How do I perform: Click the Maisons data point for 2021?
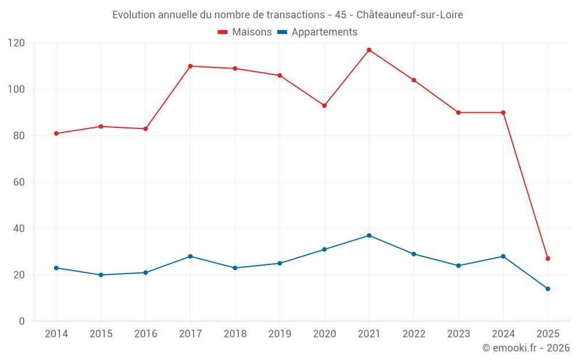(x=369, y=50)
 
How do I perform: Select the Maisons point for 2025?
(x=548, y=259)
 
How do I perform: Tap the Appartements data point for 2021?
(x=369, y=236)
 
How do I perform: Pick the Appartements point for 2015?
(x=101, y=275)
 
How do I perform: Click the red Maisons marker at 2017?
(x=190, y=66)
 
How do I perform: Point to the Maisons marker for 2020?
(x=324, y=105)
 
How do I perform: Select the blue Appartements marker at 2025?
(x=548, y=289)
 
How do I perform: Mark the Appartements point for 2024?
(x=503, y=256)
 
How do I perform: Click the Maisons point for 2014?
(x=56, y=134)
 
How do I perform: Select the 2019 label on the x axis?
(x=279, y=334)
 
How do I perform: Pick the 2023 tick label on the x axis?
(x=458, y=334)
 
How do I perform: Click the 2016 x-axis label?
(x=146, y=334)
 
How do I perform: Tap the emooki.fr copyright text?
(x=526, y=348)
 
